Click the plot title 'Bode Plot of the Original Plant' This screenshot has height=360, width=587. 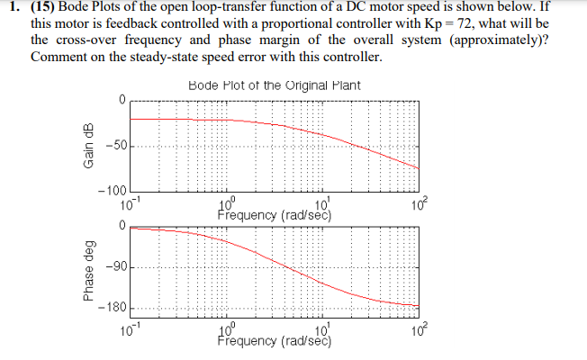275,85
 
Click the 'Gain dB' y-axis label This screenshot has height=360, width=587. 88,149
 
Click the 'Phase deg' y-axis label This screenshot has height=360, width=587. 88,269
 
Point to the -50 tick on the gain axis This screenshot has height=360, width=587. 117,145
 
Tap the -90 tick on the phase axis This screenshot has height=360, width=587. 117,266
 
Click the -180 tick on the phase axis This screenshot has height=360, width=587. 114,306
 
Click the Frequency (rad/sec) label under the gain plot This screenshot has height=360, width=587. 275,216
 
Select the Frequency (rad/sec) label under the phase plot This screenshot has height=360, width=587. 275,341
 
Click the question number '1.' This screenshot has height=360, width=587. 11,9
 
